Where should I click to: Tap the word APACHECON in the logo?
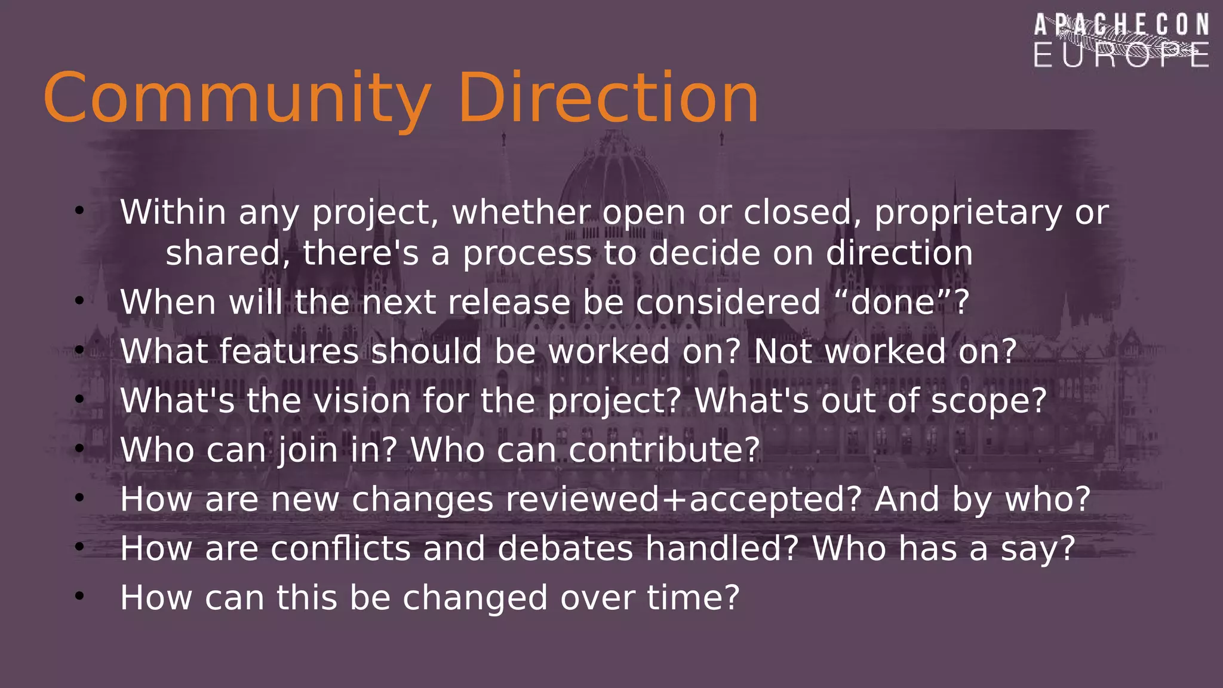(x=1121, y=26)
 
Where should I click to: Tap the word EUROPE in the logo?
(x=1121, y=55)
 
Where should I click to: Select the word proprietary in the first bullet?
(x=968, y=213)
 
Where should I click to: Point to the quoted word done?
(x=893, y=302)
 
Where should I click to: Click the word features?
(x=289, y=351)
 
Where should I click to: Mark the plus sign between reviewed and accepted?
(x=674, y=500)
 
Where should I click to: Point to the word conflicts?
(x=340, y=548)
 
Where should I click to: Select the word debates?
(x=565, y=548)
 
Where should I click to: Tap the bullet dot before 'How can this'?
(x=79, y=596)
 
